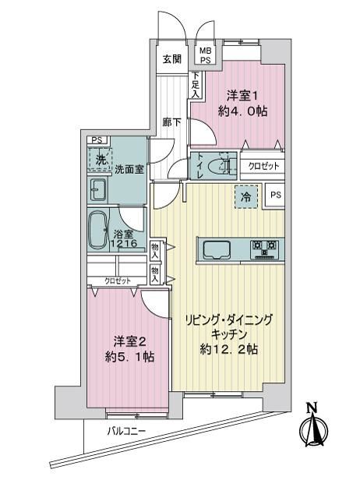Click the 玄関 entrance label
(171, 58)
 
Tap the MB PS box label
(206, 55)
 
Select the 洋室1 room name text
(242, 96)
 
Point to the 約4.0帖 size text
(242, 111)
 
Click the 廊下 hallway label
(171, 122)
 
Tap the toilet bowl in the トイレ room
(218, 166)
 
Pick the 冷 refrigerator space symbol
(246, 197)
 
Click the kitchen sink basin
(217, 249)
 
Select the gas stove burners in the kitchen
(263, 249)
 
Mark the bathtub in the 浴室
(97, 229)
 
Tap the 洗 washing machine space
(100, 159)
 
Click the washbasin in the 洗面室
(98, 190)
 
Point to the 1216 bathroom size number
(124, 244)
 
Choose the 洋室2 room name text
(129, 341)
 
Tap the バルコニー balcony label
(127, 432)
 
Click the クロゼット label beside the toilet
(264, 166)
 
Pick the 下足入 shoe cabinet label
(195, 85)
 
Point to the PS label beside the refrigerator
(276, 195)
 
